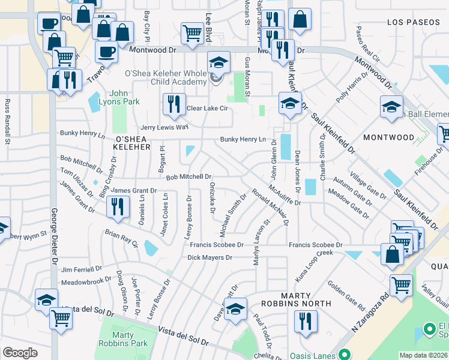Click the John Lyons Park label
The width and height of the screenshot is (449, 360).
124,97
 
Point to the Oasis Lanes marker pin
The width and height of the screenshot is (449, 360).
344,354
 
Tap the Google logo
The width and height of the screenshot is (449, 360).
20,353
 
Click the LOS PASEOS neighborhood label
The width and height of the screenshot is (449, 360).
410,22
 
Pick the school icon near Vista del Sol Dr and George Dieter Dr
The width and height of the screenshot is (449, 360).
46,299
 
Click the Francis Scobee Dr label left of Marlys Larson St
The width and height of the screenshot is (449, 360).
217,245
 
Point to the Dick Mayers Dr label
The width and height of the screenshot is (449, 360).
209,257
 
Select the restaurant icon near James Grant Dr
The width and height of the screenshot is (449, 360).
116,206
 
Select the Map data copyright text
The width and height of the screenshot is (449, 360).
424,355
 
